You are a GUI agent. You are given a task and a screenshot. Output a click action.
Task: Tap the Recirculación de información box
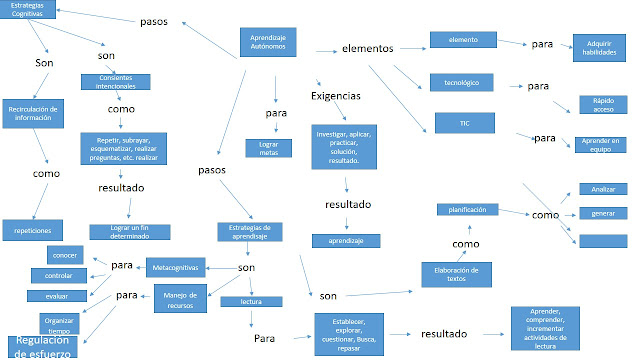point(33,113)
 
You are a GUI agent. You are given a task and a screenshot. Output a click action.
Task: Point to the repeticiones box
point(33,229)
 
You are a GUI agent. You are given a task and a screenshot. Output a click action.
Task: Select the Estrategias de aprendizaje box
point(251,232)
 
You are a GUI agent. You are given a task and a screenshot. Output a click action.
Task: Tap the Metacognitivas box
point(176,267)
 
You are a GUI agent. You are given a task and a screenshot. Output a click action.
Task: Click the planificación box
point(467,210)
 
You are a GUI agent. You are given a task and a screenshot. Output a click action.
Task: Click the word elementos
point(368,47)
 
